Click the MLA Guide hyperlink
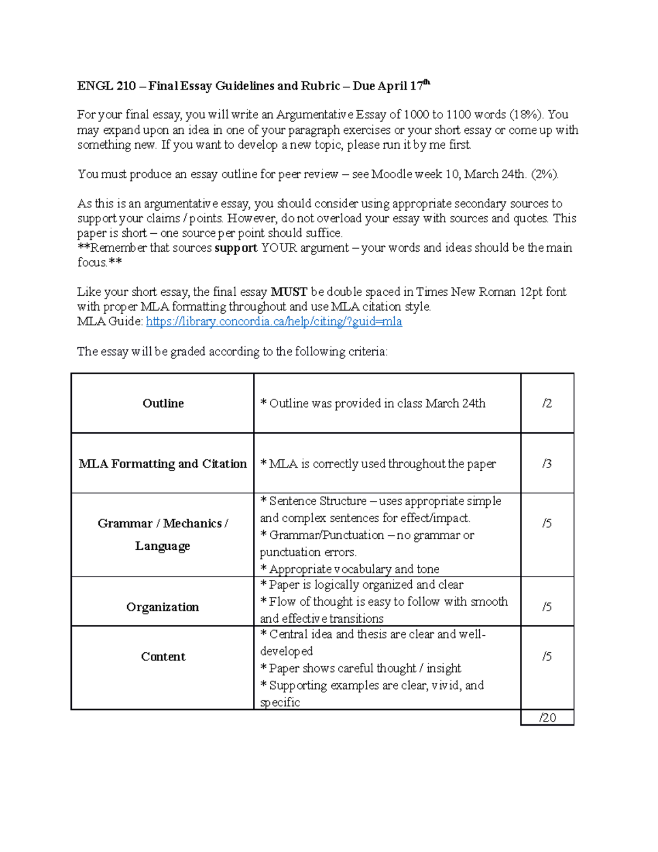(x=274, y=321)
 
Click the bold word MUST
(x=288, y=292)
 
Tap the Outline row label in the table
(x=163, y=403)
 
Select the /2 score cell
(x=547, y=403)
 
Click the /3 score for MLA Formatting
(x=547, y=464)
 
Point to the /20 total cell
(x=547, y=718)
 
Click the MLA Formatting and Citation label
(x=163, y=464)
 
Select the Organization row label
(x=163, y=607)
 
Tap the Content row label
(x=163, y=656)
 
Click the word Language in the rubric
(x=163, y=546)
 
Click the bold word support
(x=236, y=248)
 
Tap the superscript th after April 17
(x=427, y=83)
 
